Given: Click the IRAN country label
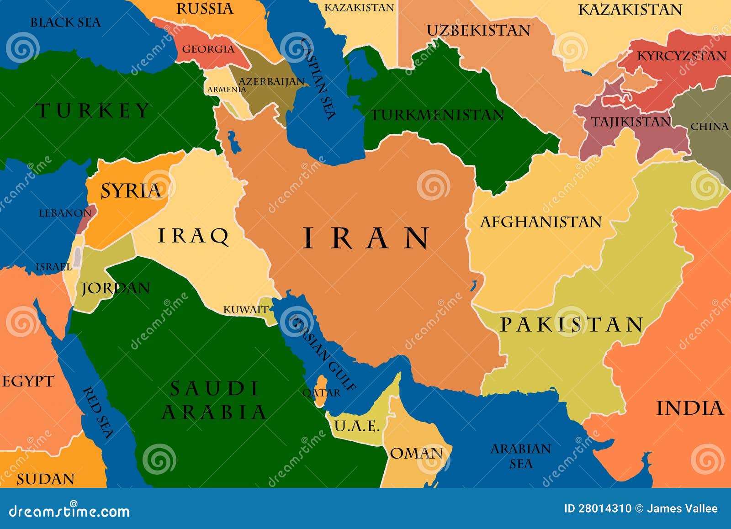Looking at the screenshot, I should (366, 238).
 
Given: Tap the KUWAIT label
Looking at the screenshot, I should (245, 310).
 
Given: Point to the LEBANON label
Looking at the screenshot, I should (65, 213).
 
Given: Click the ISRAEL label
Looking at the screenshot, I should (53, 267).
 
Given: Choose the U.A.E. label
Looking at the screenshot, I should (357, 426).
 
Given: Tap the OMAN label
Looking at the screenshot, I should (416, 454).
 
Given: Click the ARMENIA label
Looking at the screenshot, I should (226, 90).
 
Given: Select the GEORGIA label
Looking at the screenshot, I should (208, 49).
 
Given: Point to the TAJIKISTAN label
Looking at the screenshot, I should (630, 122).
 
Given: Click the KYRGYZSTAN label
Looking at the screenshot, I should (681, 56).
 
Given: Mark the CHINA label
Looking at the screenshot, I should (709, 127).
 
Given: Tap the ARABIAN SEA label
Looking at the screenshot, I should (521, 456).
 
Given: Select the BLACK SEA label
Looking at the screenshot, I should (65, 22).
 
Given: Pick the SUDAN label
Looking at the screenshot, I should (45, 479).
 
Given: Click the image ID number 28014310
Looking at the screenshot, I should (604, 508).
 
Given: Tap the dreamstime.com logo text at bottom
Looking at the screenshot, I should (69, 511).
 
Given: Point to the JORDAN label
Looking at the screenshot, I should (115, 288).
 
